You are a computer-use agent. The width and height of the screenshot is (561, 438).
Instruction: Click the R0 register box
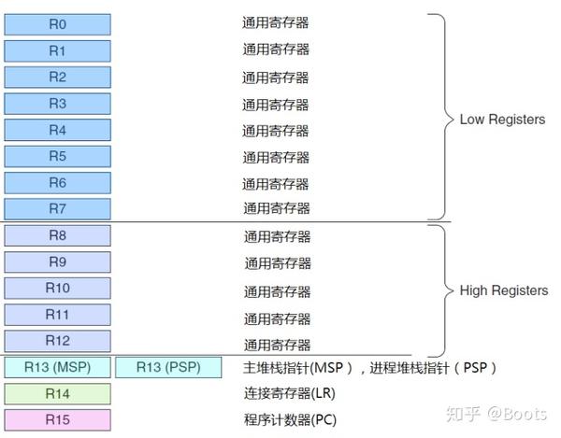pyautogui.click(x=57, y=23)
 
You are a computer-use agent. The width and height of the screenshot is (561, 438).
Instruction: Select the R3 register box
pyautogui.click(x=57, y=103)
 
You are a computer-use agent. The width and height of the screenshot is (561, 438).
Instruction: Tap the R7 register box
pyautogui.click(x=57, y=208)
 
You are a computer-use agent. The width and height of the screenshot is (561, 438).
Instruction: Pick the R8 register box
pyautogui.click(x=57, y=235)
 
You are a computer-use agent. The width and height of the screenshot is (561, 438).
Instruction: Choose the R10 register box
pyautogui.click(x=57, y=288)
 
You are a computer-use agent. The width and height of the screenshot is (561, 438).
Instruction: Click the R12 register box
pyautogui.click(x=57, y=341)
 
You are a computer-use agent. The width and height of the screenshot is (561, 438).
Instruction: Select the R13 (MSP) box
pyautogui.click(x=57, y=367)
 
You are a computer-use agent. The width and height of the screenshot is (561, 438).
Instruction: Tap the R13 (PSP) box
pyautogui.click(x=168, y=367)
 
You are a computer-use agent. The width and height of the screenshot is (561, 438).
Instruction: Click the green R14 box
pyautogui.click(x=57, y=393)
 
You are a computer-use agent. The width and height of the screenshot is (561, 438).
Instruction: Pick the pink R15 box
pyautogui.click(x=57, y=419)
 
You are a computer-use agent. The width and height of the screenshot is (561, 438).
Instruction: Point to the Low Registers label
pyautogui.click(x=502, y=120)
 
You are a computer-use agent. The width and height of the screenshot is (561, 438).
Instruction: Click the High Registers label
pyautogui.click(x=503, y=290)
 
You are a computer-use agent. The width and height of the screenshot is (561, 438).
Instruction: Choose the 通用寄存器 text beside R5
pyautogui.click(x=276, y=156)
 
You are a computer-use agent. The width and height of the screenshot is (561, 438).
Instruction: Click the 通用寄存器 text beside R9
pyautogui.click(x=278, y=262)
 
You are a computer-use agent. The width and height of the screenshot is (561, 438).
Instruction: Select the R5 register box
pyautogui.click(x=57, y=156)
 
